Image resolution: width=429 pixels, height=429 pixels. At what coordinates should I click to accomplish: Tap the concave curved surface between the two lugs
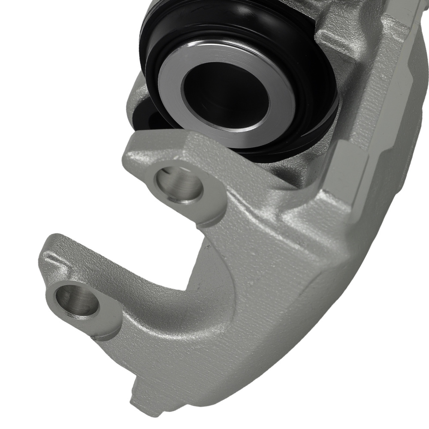[189, 275]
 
